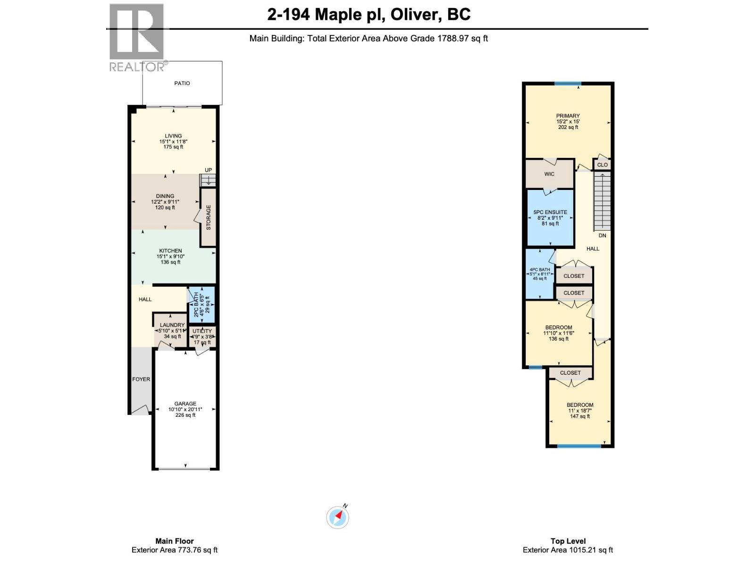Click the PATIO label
pos(182,83)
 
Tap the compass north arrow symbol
pos(338,517)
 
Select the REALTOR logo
pos(137,38)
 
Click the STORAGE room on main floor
pos(208,217)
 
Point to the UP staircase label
pos(208,170)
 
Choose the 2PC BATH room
pos(201,305)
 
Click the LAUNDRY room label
pos(172,325)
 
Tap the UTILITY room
pos(202,336)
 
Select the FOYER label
pos(141,379)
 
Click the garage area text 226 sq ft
pos(185,415)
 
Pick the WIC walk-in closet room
pos(549,174)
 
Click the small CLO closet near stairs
pos(602,165)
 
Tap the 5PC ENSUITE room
pos(550,218)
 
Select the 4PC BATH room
pos(540,274)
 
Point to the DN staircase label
pos(602,235)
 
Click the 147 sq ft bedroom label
pos(580,416)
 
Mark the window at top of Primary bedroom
pos(568,84)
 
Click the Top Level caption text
pos(568,541)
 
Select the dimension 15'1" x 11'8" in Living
pos(173,141)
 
